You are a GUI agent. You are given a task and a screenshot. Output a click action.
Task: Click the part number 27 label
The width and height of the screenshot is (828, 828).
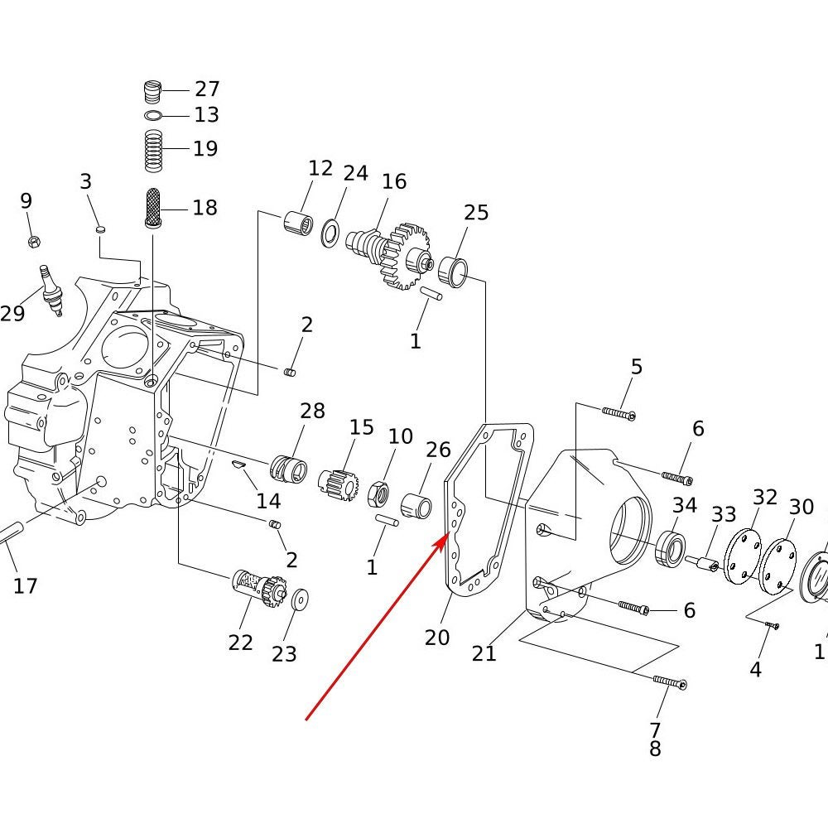tap(207, 89)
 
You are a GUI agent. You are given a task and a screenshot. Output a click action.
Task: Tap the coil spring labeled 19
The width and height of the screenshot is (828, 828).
tap(153, 151)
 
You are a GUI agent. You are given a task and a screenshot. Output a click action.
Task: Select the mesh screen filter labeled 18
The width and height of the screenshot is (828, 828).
tap(152, 208)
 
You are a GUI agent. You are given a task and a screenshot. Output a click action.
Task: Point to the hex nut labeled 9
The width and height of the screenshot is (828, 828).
tap(34, 242)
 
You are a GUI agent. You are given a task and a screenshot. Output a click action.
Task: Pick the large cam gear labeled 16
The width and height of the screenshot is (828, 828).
tap(391, 254)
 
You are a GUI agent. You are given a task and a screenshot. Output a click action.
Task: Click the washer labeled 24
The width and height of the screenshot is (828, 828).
tap(330, 233)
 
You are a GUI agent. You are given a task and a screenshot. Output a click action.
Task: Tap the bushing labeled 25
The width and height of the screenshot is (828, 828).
tap(453, 272)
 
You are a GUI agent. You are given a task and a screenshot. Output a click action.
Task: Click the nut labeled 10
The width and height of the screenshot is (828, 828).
tap(378, 493)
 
